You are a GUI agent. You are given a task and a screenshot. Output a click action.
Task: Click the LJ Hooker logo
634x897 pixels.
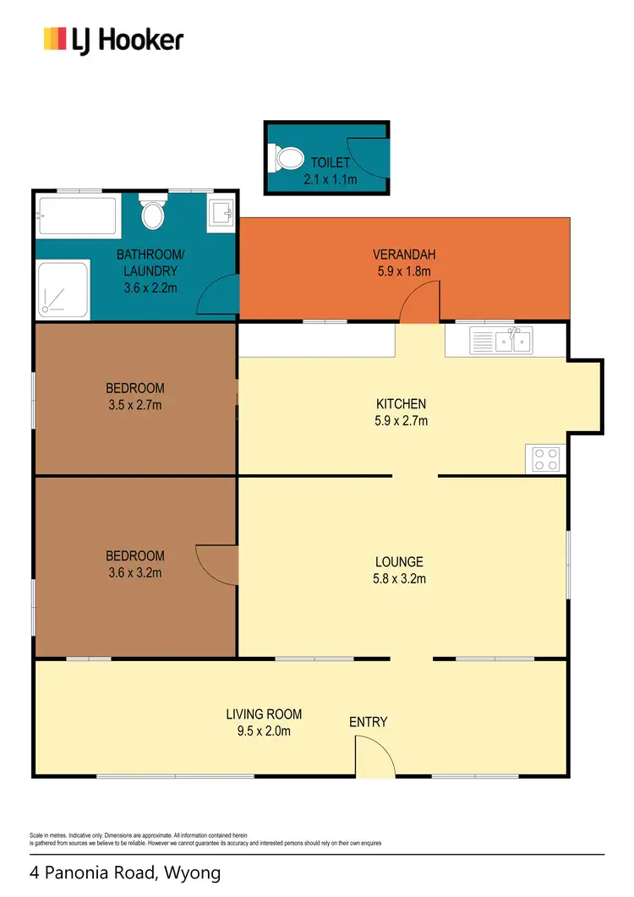(x=113, y=39)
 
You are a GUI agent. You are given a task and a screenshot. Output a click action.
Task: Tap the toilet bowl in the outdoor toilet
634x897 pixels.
(x=287, y=158)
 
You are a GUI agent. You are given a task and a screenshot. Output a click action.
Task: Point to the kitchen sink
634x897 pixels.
(x=512, y=341)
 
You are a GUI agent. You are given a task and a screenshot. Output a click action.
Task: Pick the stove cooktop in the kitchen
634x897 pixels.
(x=546, y=458)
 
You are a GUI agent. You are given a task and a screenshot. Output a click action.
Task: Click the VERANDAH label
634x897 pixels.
(x=402, y=254)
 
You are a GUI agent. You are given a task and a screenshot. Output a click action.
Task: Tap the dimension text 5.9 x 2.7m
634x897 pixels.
(x=402, y=420)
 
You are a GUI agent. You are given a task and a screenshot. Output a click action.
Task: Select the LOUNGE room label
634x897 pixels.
(x=399, y=561)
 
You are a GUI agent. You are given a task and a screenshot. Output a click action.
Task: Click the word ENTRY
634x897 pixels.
(x=368, y=722)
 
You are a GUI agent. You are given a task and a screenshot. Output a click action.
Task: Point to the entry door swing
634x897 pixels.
(x=372, y=756)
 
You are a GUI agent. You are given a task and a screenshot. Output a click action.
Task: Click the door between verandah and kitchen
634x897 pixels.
(x=420, y=303)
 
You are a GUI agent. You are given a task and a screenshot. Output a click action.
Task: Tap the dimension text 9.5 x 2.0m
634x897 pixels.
(x=265, y=730)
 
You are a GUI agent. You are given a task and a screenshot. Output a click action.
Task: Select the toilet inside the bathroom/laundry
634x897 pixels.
(x=153, y=213)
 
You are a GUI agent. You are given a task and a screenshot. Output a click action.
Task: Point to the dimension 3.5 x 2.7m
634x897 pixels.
(x=134, y=405)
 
